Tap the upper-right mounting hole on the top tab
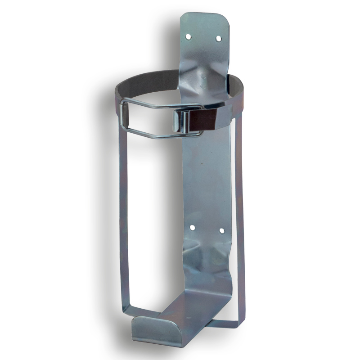click(218, 39)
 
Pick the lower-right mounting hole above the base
click(221, 231)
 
